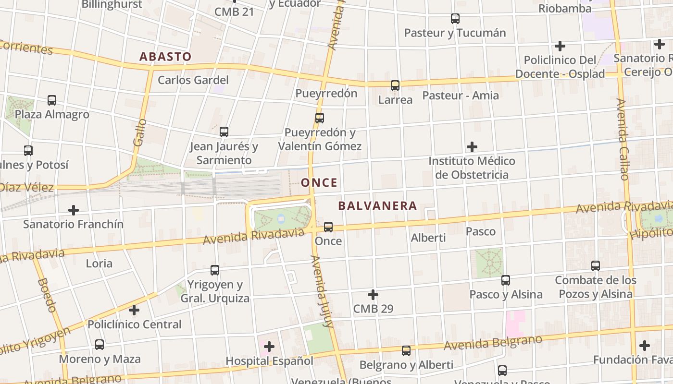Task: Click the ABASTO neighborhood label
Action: tap(165, 57)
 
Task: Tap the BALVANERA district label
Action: tap(377, 206)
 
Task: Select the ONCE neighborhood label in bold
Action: tap(319, 182)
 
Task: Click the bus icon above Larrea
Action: tap(395, 85)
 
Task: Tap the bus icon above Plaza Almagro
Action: tap(52, 100)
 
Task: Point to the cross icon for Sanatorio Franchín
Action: tap(74, 210)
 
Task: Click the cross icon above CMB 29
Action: tap(373, 295)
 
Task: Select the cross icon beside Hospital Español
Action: tap(269, 346)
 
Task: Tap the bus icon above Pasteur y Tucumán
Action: tap(455, 19)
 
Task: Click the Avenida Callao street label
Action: tap(623, 139)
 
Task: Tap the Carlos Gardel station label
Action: tap(193, 80)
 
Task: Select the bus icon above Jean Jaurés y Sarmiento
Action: tap(224, 132)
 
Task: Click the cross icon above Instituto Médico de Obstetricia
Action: tap(472, 146)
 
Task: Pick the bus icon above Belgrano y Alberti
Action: tap(406, 351)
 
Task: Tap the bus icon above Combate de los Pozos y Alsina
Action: tap(596, 265)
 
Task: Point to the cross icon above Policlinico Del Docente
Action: tap(560, 46)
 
